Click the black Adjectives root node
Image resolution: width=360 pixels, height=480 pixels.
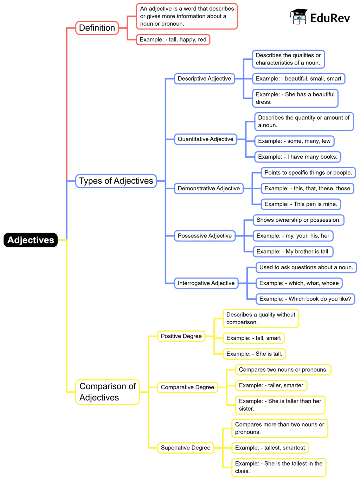(31, 240)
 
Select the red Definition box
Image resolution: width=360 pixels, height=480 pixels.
(97, 28)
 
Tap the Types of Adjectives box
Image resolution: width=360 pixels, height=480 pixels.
(116, 181)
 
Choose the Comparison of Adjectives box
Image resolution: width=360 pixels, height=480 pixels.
(108, 392)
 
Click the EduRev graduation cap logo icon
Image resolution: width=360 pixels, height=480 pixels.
(298, 17)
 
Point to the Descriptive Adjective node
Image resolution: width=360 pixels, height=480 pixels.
(204, 78)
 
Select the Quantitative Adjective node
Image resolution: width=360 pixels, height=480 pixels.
(205, 139)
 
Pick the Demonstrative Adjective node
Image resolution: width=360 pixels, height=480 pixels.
(208, 188)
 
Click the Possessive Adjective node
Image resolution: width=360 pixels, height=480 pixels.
(205, 235)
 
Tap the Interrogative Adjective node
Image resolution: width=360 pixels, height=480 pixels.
(206, 283)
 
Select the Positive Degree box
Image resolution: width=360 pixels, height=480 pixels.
(181, 336)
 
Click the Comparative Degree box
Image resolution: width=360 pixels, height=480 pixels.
(187, 387)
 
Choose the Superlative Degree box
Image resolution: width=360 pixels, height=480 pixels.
(185, 448)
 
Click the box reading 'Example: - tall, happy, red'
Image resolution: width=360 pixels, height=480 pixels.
(173, 39)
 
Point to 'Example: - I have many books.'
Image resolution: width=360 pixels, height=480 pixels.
(297, 157)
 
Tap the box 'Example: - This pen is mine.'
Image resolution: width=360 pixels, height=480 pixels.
(301, 204)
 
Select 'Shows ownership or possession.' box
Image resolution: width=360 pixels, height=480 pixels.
(298, 220)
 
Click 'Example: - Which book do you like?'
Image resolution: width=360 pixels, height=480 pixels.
(305, 299)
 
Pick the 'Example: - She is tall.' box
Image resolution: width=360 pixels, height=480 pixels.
(254, 354)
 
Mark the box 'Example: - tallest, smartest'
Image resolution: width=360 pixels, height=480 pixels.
(270, 448)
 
